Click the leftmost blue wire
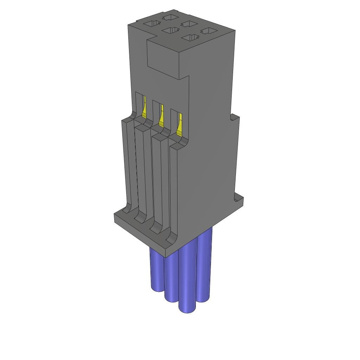(156, 271)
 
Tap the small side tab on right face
(235, 118)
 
